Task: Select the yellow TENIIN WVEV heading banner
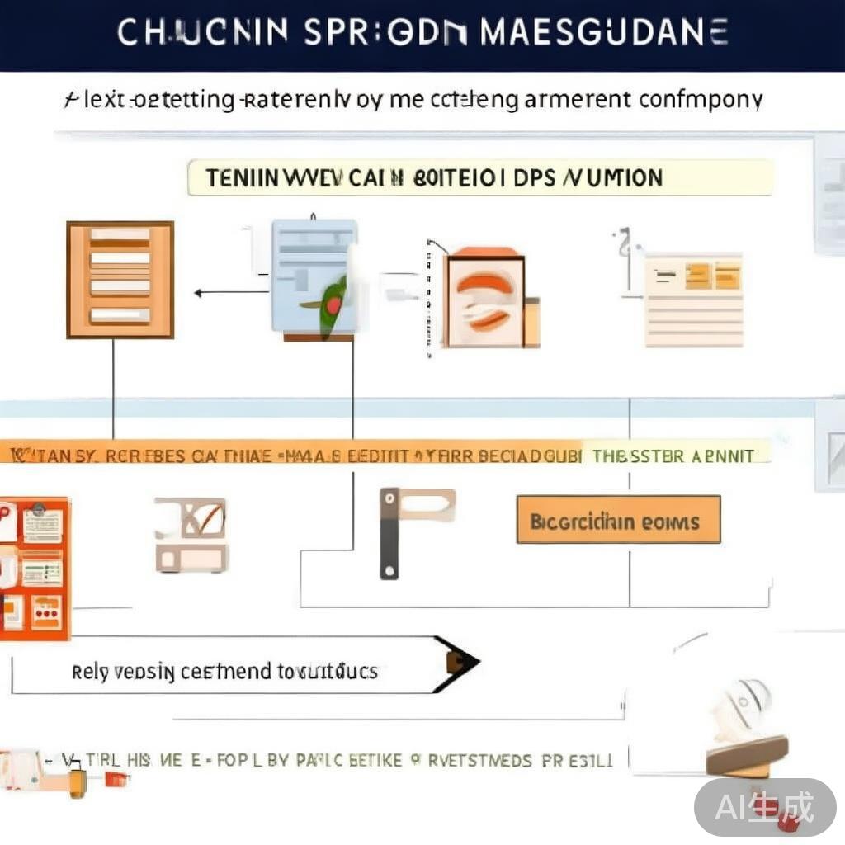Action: [x=480, y=177]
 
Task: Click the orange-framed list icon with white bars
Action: [x=120, y=280]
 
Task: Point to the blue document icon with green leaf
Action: [x=316, y=279]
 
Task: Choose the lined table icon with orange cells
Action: [x=693, y=300]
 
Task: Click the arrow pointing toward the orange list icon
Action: [x=200, y=292]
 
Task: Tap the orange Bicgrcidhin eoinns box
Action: [x=618, y=520]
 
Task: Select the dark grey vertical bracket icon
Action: [x=389, y=532]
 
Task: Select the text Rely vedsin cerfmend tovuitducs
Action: [x=224, y=672]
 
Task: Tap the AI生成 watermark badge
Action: [x=764, y=807]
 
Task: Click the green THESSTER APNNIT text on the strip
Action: [x=673, y=456]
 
